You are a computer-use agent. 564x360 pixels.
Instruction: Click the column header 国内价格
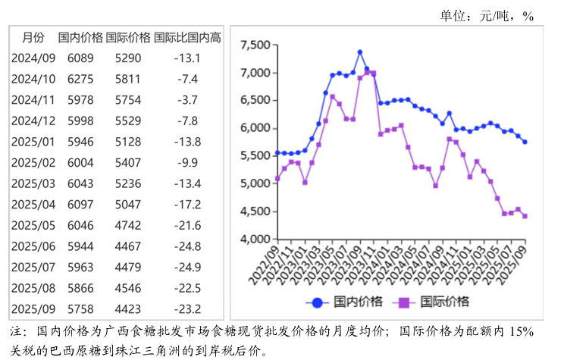[x=80, y=36]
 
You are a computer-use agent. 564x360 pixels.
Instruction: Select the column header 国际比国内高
[x=187, y=36]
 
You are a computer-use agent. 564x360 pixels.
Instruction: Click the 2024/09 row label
[x=33, y=58]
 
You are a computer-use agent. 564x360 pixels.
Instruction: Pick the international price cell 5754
[x=128, y=99]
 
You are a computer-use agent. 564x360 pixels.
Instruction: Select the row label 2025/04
[x=33, y=204]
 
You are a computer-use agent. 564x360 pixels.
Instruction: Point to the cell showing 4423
[x=128, y=308]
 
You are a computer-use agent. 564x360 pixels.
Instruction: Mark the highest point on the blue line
[x=360, y=52]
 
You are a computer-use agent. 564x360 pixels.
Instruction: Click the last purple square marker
[x=525, y=216]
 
